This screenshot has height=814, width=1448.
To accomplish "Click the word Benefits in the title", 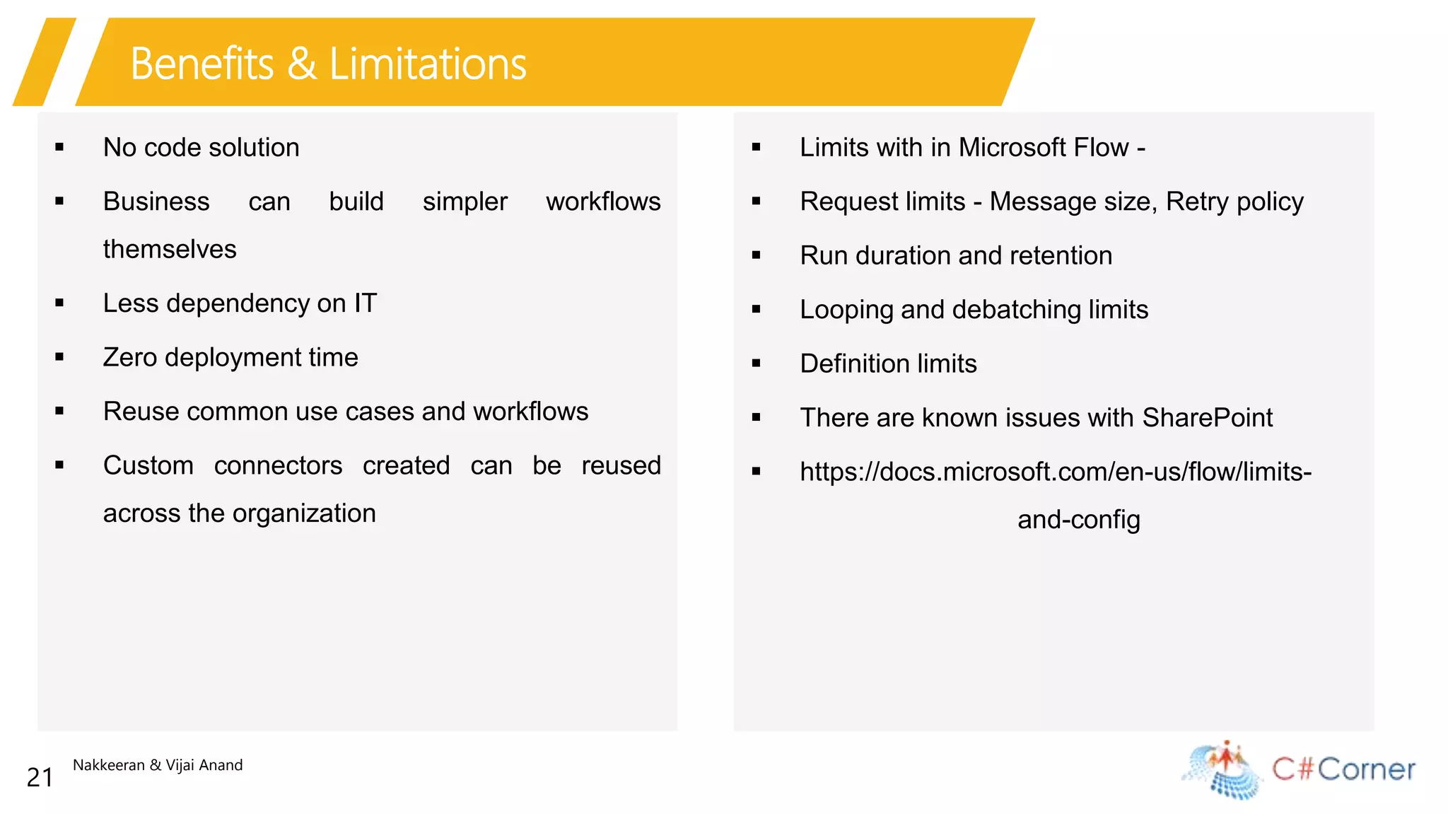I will coord(202,64).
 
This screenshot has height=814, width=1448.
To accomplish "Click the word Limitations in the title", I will coord(428,64).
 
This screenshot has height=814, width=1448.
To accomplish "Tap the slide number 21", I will coord(40,777).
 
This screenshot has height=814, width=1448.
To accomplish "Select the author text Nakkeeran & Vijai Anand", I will coord(158,764).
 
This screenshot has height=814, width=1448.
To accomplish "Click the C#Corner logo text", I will coord(1343,769).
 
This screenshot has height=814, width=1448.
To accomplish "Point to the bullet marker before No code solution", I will coord(59,147).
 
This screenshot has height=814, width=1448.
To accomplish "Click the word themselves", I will coord(170,249).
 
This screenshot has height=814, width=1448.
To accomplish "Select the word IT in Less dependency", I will coord(366,303).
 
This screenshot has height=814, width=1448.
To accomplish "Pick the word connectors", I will coord(278,465).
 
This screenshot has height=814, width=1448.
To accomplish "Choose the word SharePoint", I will coord(1207,417).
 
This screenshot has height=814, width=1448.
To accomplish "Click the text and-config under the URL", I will coord(1078,520).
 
